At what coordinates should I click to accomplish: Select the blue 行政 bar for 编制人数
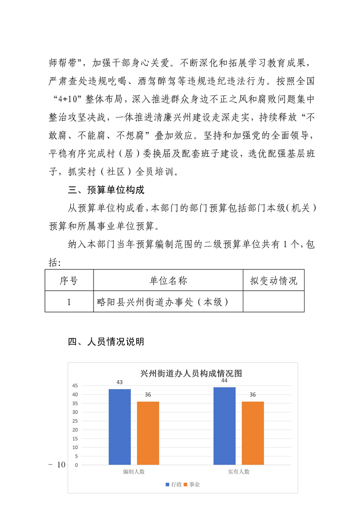pos(119,426)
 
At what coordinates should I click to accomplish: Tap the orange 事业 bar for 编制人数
pos(148,433)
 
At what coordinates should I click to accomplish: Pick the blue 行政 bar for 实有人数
pos(224,426)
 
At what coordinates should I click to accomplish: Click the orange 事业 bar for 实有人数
pos(252,433)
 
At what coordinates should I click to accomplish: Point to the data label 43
pos(119,382)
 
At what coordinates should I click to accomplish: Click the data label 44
pos(224,381)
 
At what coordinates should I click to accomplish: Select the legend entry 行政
pos(174,485)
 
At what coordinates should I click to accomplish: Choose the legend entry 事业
pos(192,485)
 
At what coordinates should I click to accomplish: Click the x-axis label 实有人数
pos(238,472)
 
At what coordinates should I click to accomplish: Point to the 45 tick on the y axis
pos(75,386)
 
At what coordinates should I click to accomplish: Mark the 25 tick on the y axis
pos(75,421)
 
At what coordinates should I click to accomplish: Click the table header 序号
pos(69,281)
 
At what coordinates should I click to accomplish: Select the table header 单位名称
pos(168,281)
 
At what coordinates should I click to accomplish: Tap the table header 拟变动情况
pos(273,281)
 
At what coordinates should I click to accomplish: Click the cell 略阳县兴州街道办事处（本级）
pos(162,302)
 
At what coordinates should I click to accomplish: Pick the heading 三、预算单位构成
pos(106,189)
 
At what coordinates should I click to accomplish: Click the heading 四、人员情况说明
pos(106,342)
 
